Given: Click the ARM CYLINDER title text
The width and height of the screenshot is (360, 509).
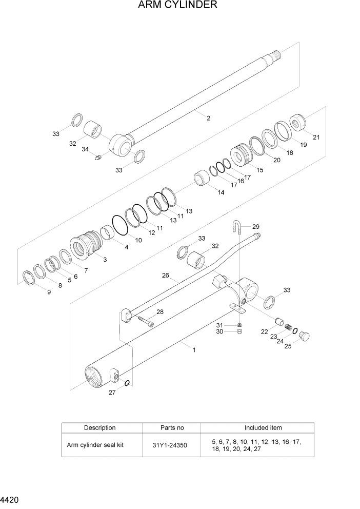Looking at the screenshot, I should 177,6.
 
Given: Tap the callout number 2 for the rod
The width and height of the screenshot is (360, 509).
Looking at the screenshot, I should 208,119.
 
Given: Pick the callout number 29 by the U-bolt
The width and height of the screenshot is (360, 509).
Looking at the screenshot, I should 256,226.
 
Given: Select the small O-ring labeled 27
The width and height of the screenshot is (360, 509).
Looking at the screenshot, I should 127,382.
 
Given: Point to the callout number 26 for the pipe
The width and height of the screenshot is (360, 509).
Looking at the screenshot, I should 165,276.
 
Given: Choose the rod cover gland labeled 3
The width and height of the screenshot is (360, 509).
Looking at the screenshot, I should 86,246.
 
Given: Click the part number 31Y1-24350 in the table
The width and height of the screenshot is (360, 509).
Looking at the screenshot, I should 169,445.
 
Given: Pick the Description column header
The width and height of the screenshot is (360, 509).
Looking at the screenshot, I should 100,428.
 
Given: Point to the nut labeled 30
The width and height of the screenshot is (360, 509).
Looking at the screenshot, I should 239,332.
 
